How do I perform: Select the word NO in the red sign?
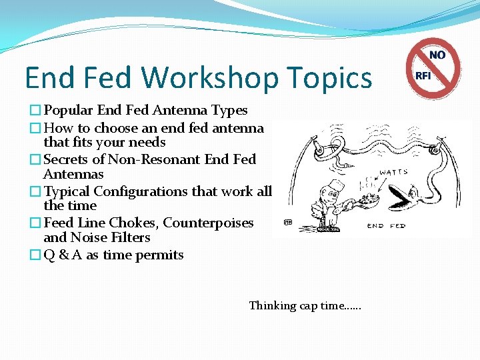coord(437,55)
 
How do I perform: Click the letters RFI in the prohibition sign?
coord(423,75)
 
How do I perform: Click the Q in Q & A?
coord(49,255)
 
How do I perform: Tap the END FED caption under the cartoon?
coord(387,225)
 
